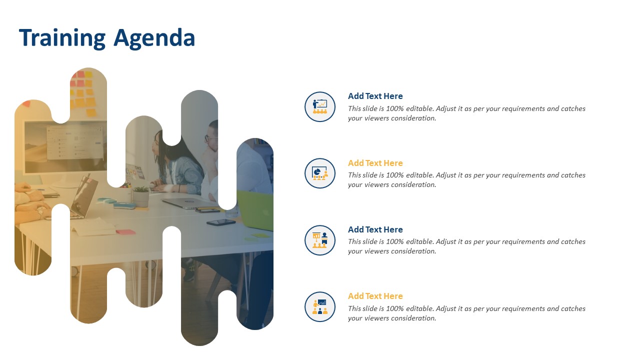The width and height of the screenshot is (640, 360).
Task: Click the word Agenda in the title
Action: click(154, 38)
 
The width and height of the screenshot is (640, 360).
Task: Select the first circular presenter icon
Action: click(319, 106)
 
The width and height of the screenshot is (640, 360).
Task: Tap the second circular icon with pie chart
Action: click(319, 173)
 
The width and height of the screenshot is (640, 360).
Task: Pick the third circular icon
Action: click(319, 240)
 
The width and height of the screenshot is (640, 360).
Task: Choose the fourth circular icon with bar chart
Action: click(319, 307)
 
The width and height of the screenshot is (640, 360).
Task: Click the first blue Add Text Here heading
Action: click(375, 96)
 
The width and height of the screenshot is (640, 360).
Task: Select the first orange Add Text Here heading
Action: click(375, 163)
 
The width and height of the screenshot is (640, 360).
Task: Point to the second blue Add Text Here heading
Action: click(375, 229)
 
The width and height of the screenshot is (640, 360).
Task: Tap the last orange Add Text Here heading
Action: click(375, 296)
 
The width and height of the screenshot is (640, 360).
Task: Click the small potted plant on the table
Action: click(141, 196)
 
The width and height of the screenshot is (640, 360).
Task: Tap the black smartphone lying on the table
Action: click(221, 222)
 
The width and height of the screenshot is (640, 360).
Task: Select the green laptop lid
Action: click(255, 210)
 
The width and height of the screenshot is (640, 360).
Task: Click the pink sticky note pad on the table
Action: click(125, 232)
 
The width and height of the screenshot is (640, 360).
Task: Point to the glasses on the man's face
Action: click(211, 138)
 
